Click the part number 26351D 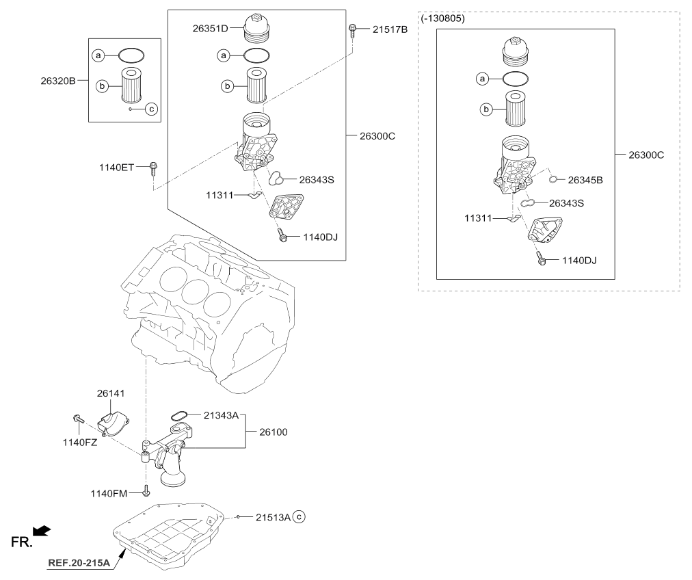210,29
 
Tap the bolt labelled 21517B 351,30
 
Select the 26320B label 58,81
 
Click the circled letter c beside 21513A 299,516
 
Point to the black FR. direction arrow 42,530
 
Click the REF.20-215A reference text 79,562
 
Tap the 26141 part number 111,393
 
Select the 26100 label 274,432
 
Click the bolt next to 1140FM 146,490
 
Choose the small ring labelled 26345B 553,179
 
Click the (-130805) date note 442,18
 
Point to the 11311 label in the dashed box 478,218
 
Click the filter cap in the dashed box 516,51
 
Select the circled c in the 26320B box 151,109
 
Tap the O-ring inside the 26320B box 131,55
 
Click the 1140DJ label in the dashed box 579,261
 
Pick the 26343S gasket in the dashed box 528,203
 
